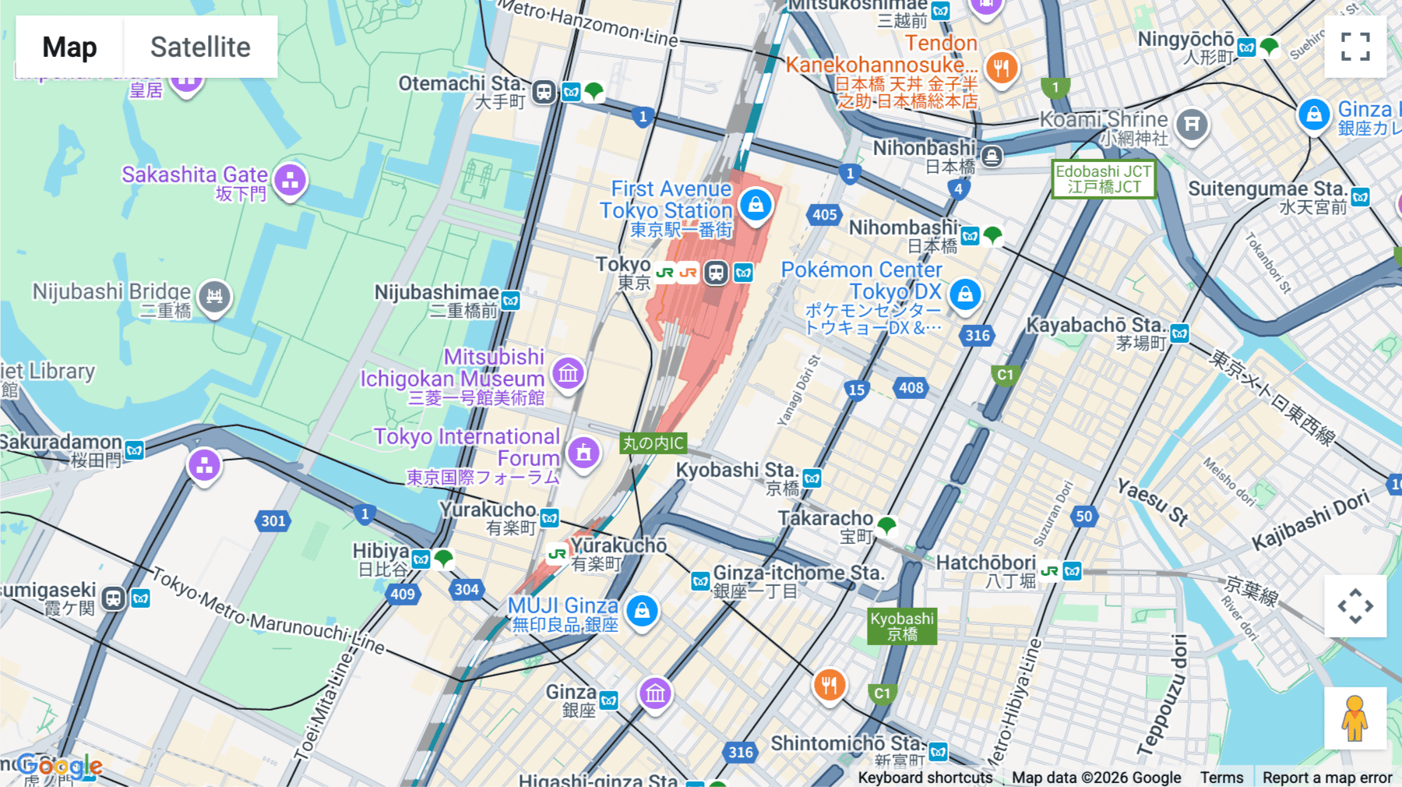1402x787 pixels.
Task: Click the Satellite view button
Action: point(200,47)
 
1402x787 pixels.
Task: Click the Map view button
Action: point(69,47)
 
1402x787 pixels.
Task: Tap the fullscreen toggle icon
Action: point(1355,47)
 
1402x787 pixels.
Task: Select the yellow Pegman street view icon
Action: point(1354,718)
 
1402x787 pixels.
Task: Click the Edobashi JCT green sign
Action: point(1103,179)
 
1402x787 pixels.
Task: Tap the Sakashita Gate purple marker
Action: point(291,181)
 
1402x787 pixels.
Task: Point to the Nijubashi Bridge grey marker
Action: point(214,297)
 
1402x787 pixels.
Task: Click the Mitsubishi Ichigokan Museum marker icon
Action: point(569,373)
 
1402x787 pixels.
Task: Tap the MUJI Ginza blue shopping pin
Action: point(642,611)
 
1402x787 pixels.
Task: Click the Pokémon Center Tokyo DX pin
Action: point(965,295)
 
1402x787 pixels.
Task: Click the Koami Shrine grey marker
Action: point(1191,123)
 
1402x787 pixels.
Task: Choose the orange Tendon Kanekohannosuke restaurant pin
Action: point(1002,68)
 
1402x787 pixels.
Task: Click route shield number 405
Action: point(824,214)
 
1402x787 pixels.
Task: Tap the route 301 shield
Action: point(273,521)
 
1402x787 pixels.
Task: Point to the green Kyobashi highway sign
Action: point(902,626)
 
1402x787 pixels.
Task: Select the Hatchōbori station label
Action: point(985,563)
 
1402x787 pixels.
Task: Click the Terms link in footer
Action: point(1221,777)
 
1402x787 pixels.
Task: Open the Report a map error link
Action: point(1326,777)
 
